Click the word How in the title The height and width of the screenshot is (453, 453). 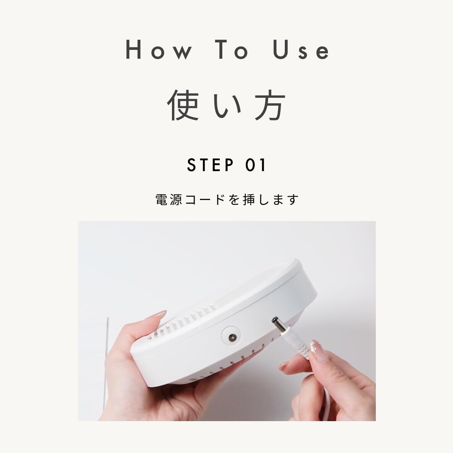[159, 50]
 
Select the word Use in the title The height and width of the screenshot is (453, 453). [301, 50]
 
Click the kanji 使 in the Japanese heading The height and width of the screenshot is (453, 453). [183, 105]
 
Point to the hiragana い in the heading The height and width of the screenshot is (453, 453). [227, 105]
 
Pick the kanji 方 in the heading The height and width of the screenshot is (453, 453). [270, 105]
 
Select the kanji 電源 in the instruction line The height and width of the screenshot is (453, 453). [169, 200]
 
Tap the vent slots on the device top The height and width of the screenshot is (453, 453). [189, 319]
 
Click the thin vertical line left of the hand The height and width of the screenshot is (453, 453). [107, 357]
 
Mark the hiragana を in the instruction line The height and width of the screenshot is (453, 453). [234, 200]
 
